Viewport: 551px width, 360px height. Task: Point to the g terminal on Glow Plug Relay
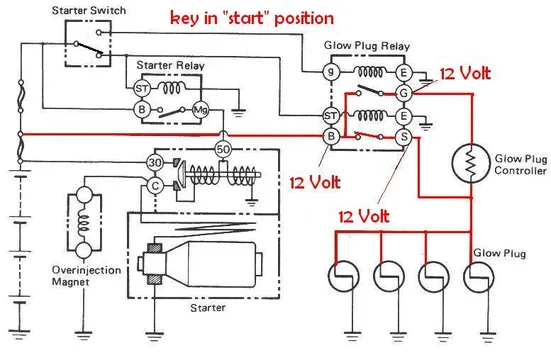coord(332,73)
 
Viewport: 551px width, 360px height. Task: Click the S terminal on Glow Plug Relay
coord(406,136)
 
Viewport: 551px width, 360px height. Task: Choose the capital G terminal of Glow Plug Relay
coord(406,94)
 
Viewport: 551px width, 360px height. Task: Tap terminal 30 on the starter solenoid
coord(154,164)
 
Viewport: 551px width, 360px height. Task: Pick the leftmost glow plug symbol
coord(344,275)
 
